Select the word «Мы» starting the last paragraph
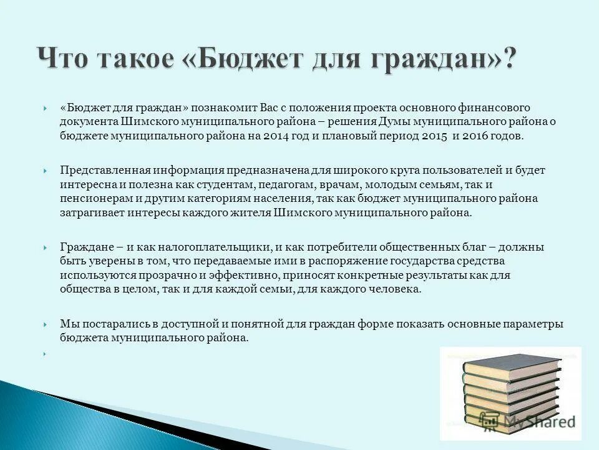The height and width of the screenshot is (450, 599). tap(67, 324)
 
